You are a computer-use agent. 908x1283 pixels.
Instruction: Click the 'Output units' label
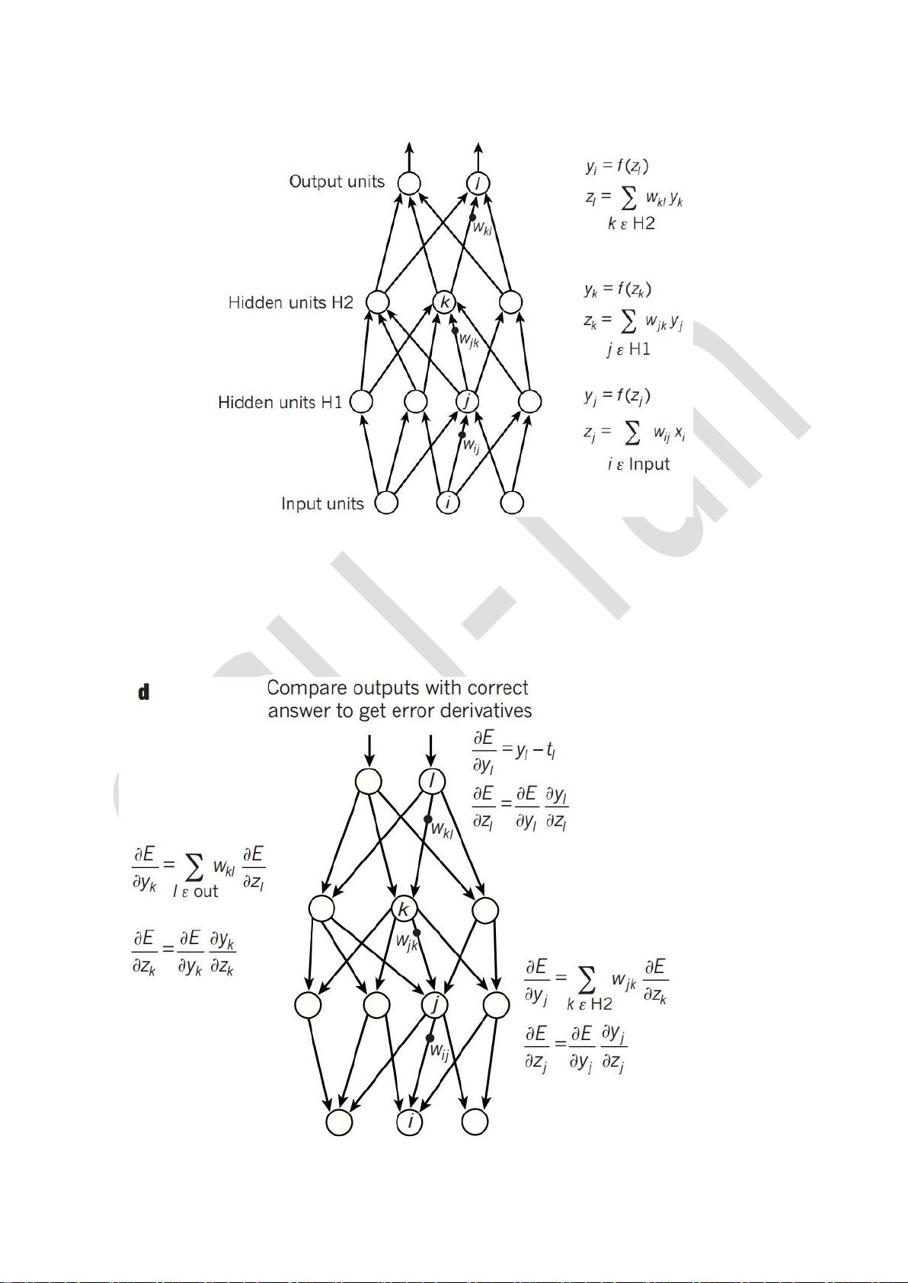tap(337, 182)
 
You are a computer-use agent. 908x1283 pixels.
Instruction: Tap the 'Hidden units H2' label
tap(290, 303)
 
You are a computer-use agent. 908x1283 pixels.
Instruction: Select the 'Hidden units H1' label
tap(280, 402)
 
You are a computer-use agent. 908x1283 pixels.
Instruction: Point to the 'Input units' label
tap(322, 504)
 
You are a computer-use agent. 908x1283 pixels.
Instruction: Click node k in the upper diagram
tap(445, 302)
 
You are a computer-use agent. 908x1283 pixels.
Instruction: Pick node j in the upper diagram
tap(467, 401)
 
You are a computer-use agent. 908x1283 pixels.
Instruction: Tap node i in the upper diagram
tap(448, 503)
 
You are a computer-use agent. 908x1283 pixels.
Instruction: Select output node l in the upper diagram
tap(478, 184)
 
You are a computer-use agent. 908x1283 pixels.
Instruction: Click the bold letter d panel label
tap(143, 692)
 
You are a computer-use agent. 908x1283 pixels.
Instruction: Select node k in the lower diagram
tap(404, 909)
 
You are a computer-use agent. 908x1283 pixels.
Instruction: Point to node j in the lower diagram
tap(434, 1005)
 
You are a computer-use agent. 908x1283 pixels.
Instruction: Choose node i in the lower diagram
tap(410, 1122)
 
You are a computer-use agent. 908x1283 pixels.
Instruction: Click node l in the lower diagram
tap(433, 781)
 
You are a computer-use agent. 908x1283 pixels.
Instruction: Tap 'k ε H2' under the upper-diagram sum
tap(631, 224)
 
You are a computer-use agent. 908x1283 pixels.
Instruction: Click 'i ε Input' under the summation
tap(638, 464)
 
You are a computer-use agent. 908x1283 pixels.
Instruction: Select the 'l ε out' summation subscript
tap(195, 892)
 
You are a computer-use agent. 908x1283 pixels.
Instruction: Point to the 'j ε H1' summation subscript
tap(628, 349)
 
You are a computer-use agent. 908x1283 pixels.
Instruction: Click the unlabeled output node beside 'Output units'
tap(409, 184)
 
